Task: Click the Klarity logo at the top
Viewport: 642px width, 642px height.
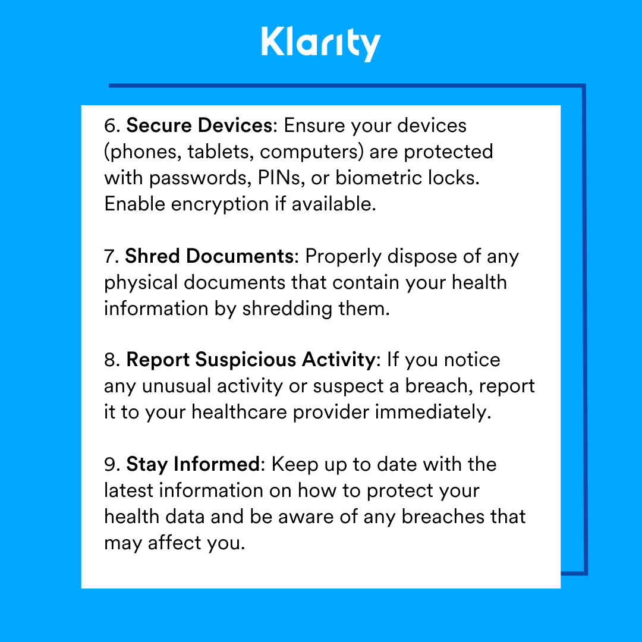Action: coord(320,43)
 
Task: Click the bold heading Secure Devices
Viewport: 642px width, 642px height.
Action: coord(199,125)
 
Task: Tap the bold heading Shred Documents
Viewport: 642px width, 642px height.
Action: coord(209,256)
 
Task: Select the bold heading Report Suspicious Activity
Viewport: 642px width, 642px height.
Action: coord(250,360)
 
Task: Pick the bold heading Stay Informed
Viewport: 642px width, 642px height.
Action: coord(193,464)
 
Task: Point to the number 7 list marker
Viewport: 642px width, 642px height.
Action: coord(111,256)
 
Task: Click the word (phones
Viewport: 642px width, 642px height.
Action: coord(142,152)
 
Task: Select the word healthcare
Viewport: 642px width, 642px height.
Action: coord(237,412)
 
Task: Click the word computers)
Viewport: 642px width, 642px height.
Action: coord(311,152)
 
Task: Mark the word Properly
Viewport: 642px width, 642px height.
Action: coord(343,256)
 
